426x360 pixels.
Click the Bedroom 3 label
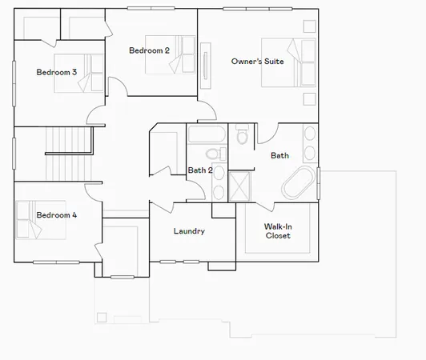pos(56,72)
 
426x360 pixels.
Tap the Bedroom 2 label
pos(149,50)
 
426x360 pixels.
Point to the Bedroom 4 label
pos(56,214)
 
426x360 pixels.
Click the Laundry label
pos(189,232)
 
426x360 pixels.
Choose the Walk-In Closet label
pos(277,231)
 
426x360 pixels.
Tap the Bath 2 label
pos(200,170)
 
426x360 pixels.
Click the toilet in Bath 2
pos(213,154)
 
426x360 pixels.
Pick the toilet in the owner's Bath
pos(242,136)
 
